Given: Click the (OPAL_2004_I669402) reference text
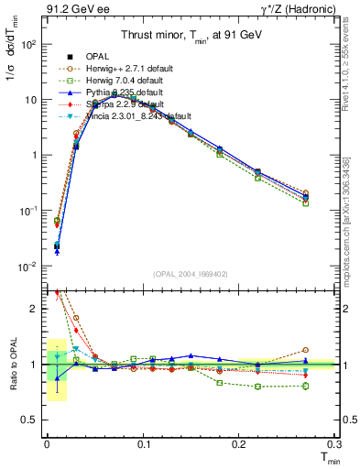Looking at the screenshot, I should pyautogui.click(x=190, y=273).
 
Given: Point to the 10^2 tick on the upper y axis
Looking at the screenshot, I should pyautogui.click(x=27, y=44).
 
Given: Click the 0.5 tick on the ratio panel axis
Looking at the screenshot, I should pyautogui.click(x=29, y=420).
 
